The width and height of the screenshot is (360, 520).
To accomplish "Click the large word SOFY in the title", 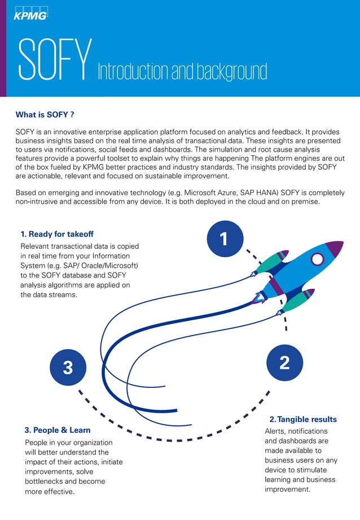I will pyautogui.click(x=55, y=60).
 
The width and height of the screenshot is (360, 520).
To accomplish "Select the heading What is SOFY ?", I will pyautogui.click(x=45, y=115).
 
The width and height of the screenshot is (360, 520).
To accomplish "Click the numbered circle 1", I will pyautogui.click(x=223, y=239).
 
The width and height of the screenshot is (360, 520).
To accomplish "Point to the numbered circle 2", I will pyautogui.click(x=284, y=363).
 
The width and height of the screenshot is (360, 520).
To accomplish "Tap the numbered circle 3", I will pyautogui.click(x=68, y=368).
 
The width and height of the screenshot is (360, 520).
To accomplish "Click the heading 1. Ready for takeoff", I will pyautogui.click(x=57, y=234).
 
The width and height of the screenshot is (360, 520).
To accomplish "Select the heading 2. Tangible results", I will pyautogui.click(x=303, y=419).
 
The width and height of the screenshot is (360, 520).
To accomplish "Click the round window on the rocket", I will pyautogui.click(x=318, y=259).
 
